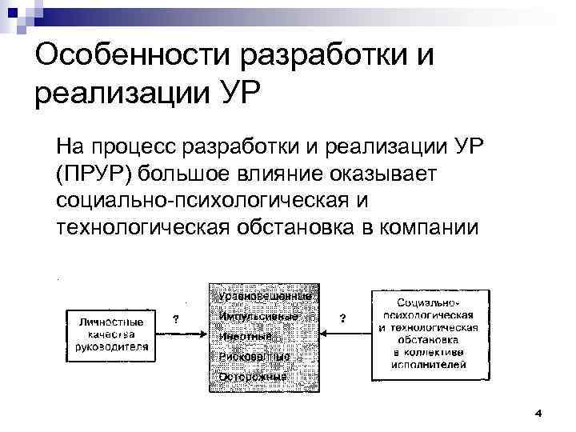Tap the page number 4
[x=538, y=413]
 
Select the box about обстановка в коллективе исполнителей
[x=429, y=334]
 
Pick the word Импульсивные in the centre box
[x=258, y=316]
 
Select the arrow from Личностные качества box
[x=183, y=334]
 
